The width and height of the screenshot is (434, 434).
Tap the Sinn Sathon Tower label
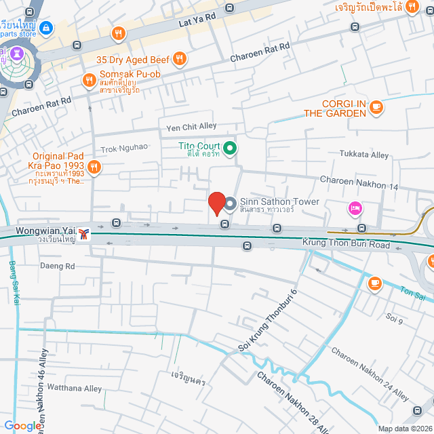pos(279,202)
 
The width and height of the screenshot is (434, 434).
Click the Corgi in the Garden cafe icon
pos(376,106)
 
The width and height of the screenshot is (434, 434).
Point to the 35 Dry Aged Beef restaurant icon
pos(179,59)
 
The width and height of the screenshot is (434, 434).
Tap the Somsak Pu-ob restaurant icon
pos(89,81)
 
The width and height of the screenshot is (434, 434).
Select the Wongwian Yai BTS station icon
pos(83,233)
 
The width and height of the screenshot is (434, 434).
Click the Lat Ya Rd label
pos(197,15)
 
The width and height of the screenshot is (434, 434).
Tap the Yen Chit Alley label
pos(191,127)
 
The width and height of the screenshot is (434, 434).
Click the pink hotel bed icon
pos(354,208)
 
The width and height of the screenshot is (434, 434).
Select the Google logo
pos(22,425)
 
